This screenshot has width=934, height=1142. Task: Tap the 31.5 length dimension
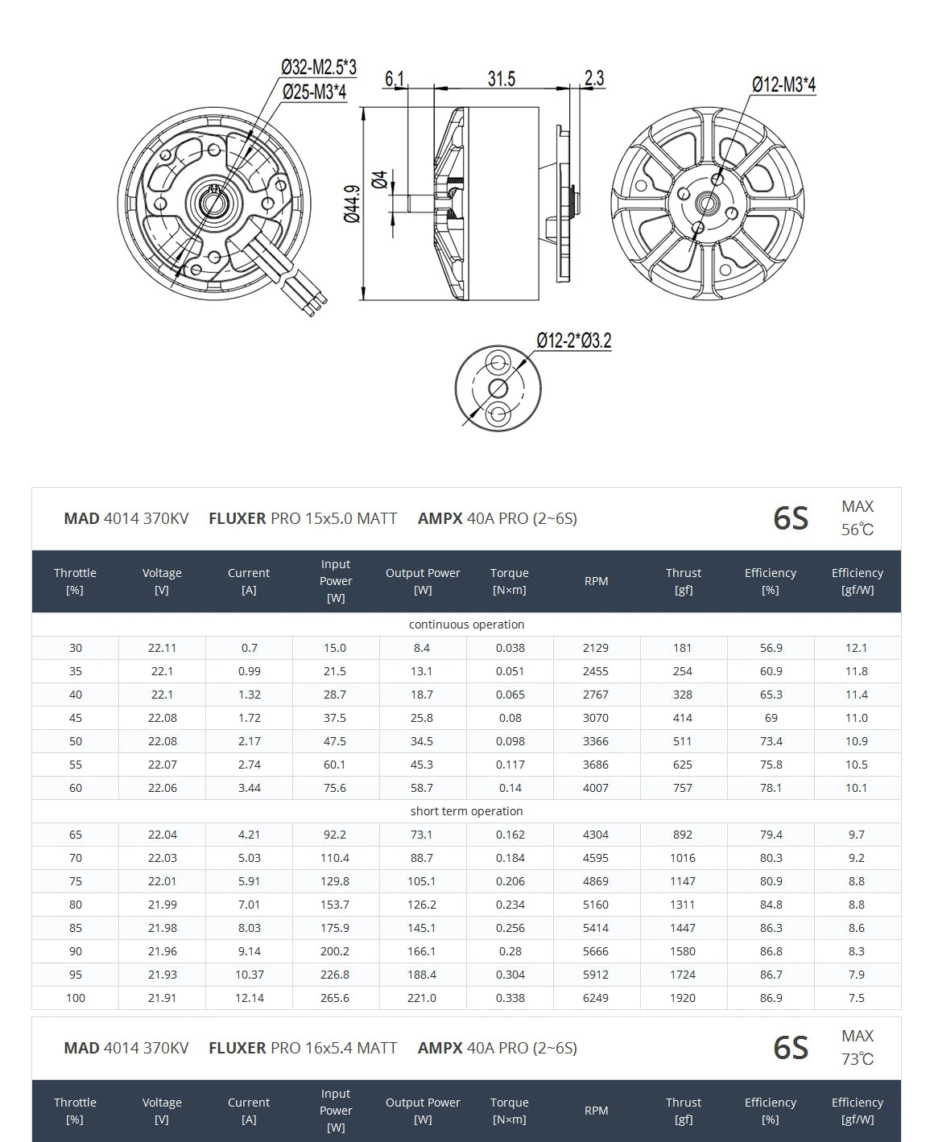tap(501, 79)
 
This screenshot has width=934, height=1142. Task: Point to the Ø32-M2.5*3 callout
tap(319, 68)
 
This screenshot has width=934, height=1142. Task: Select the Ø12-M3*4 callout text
tap(783, 85)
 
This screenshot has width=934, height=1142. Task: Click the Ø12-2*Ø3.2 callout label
tap(574, 340)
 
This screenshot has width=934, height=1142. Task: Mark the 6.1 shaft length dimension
tap(395, 79)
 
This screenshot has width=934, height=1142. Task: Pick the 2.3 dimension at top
tap(594, 78)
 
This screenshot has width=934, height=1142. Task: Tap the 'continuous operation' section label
tap(466, 625)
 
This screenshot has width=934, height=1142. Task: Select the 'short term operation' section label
tap(466, 811)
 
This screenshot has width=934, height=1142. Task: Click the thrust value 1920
tap(683, 998)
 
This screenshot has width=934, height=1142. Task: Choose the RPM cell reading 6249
tap(596, 998)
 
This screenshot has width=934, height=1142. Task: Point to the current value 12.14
tap(249, 998)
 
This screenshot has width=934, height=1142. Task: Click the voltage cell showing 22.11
tap(162, 648)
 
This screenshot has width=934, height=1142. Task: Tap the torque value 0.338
tap(510, 998)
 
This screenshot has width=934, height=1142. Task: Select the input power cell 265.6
tap(335, 998)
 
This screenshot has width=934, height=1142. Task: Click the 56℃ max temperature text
tap(858, 530)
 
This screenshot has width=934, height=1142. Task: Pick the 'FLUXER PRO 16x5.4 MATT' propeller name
tap(303, 1048)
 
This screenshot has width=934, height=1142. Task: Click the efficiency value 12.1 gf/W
tap(857, 648)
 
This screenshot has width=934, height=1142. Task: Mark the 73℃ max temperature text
tap(858, 1059)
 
